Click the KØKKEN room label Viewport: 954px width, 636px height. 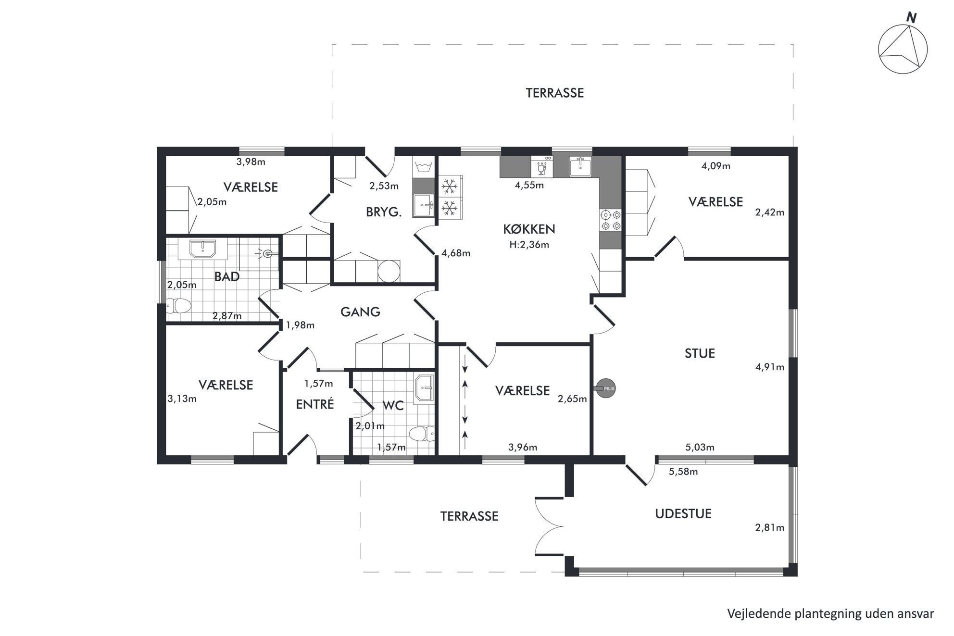pyautogui.click(x=529, y=229)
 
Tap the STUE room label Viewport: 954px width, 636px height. pyautogui.click(x=700, y=353)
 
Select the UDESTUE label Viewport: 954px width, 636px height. pyautogui.click(x=683, y=513)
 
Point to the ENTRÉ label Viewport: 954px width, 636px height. pyautogui.click(x=315, y=404)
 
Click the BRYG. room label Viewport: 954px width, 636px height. pyautogui.click(x=384, y=212)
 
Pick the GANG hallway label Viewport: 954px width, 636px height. pyautogui.click(x=360, y=312)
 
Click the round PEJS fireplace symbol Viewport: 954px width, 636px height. pyautogui.click(x=605, y=388)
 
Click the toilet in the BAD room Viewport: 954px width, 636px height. pyautogui.click(x=177, y=305)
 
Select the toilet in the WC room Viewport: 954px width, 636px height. pyautogui.click(x=422, y=434)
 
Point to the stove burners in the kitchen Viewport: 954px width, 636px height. pyautogui.click(x=611, y=220)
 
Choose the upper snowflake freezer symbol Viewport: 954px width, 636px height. pyautogui.click(x=450, y=186)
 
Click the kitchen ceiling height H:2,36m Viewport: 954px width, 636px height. pyautogui.click(x=529, y=245)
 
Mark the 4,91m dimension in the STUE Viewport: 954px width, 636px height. pyautogui.click(x=769, y=367)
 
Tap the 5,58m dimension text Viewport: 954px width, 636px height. pyautogui.click(x=683, y=472)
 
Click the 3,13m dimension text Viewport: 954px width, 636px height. pyautogui.click(x=182, y=399)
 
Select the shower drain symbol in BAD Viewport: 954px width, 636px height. pyautogui.click(x=268, y=252)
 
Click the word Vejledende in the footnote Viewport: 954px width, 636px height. pyautogui.click(x=754, y=614)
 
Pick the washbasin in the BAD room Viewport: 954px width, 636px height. pyautogui.click(x=203, y=249)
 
